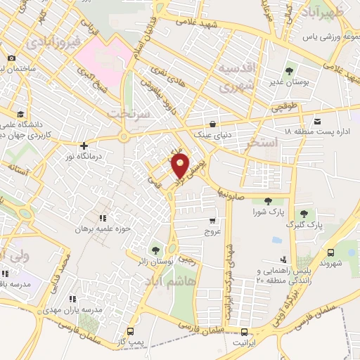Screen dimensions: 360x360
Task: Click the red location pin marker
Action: pyautogui.click(x=180, y=167)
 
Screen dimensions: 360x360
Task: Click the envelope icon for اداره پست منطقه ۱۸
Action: pyautogui.click(x=317, y=121)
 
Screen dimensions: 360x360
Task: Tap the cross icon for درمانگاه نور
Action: pyautogui.click(x=84, y=146)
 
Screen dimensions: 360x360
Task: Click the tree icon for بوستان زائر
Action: pyautogui.click(x=155, y=250)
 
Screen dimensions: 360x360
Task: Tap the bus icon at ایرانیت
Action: pyautogui.click(x=244, y=332)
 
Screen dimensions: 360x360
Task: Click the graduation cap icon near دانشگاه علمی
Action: pyautogui.click(x=21, y=113)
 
